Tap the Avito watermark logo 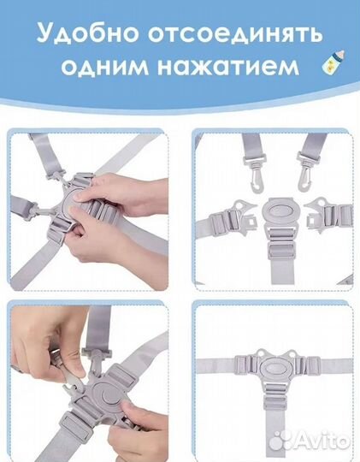point(323,440)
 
